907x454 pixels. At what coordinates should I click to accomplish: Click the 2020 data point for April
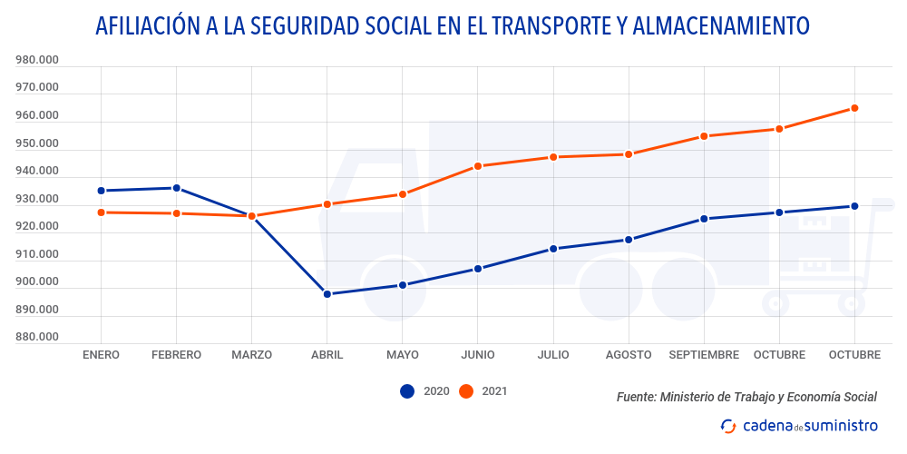(x=327, y=294)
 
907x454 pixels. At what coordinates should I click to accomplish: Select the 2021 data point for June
(x=478, y=166)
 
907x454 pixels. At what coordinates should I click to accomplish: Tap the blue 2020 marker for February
(x=177, y=188)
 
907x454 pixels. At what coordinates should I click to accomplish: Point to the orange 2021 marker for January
(x=101, y=212)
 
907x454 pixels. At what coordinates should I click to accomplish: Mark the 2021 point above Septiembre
(x=704, y=136)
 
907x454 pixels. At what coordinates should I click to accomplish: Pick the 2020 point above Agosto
(x=629, y=240)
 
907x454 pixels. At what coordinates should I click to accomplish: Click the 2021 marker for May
(x=403, y=194)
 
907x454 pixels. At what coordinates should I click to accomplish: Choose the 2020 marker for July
(x=553, y=249)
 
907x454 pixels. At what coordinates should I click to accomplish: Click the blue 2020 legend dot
(x=407, y=391)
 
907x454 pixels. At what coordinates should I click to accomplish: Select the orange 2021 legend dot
(x=466, y=391)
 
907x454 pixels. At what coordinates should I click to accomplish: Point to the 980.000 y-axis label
(x=37, y=61)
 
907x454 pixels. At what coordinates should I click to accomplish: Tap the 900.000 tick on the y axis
(x=37, y=282)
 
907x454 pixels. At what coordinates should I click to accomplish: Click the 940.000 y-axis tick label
(x=37, y=172)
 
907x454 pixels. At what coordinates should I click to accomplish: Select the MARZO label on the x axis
(x=251, y=355)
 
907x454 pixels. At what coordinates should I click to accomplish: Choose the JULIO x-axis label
(x=553, y=355)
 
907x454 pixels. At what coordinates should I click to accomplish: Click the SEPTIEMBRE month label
(x=704, y=355)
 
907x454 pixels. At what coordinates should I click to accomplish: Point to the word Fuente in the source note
(x=635, y=397)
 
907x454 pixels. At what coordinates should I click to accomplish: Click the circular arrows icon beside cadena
(x=727, y=426)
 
